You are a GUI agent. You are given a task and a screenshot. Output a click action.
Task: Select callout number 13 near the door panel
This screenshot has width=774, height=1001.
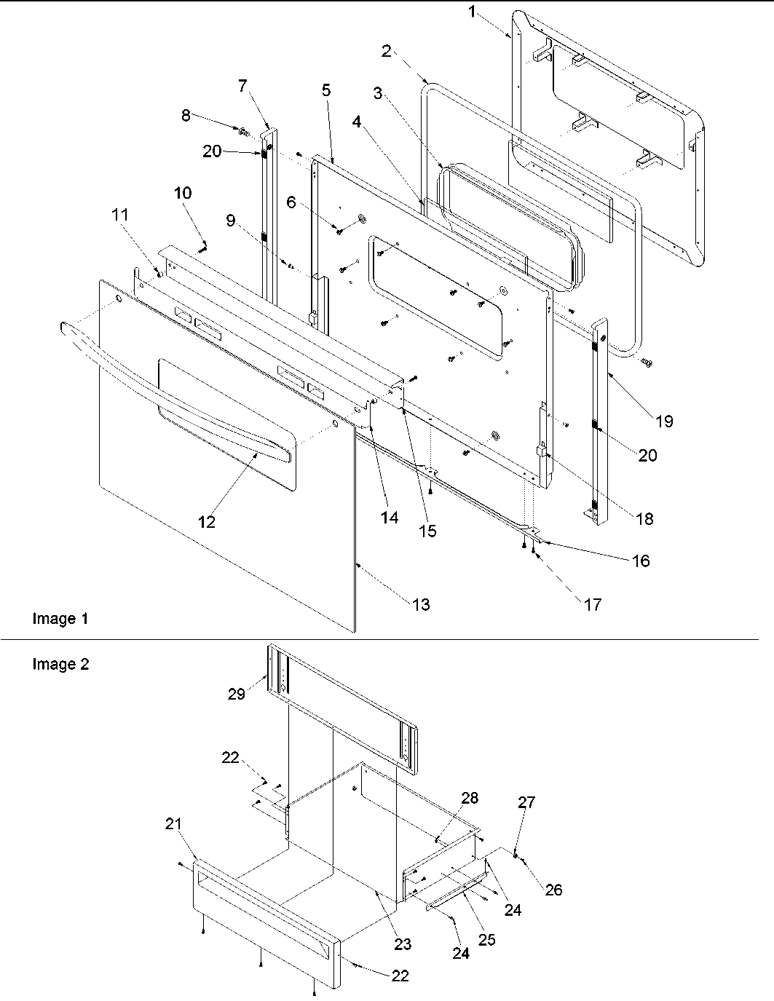click(421, 604)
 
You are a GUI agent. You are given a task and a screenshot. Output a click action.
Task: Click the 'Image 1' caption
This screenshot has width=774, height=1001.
click(60, 619)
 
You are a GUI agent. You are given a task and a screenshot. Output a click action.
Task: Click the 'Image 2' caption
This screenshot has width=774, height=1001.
click(60, 664)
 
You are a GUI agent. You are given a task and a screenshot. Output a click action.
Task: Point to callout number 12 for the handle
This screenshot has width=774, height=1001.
click(208, 522)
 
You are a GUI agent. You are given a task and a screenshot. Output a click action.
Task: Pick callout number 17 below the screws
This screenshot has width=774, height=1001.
click(593, 604)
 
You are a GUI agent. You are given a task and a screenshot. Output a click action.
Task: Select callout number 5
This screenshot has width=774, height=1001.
click(325, 90)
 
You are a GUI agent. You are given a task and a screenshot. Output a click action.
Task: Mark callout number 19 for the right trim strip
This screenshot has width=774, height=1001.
click(663, 421)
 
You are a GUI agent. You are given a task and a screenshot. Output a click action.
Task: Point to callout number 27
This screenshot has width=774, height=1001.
click(526, 802)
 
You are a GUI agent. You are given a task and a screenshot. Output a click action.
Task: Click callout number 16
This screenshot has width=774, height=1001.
click(641, 561)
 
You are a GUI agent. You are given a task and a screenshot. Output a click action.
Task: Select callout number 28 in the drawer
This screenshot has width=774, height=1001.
click(470, 798)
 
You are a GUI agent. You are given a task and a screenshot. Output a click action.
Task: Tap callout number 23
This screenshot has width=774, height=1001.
click(403, 944)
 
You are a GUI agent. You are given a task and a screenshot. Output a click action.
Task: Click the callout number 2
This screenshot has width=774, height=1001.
click(386, 51)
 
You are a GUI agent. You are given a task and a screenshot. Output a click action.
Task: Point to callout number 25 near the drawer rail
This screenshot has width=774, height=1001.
click(486, 940)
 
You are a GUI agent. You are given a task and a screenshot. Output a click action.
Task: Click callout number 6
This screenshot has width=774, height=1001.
click(291, 203)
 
